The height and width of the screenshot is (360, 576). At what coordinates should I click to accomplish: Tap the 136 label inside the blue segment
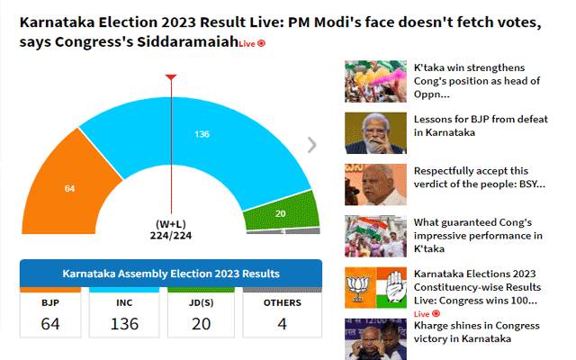click(202, 134)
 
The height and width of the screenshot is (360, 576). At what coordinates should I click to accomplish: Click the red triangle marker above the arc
click(171, 77)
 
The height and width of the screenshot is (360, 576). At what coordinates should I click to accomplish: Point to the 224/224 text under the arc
click(171, 236)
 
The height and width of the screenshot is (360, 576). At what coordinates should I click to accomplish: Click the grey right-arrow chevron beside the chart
click(311, 145)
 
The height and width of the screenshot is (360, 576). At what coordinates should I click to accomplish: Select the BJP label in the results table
click(50, 302)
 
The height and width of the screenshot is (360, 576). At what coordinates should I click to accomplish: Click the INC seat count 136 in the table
click(124, 324)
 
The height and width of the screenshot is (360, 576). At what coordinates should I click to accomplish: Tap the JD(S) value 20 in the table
click(201, 324)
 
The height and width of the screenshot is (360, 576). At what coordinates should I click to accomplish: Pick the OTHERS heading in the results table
click(282, 302)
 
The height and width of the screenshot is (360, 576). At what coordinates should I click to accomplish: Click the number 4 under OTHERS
click(282, 324)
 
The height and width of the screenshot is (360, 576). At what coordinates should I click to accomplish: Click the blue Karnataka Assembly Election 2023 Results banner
click(171, 274)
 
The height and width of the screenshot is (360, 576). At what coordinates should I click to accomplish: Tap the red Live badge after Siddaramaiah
click(252, 44)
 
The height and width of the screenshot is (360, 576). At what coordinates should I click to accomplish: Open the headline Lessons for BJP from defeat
click(481, 126)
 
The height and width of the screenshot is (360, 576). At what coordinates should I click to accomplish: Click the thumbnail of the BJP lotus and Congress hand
click(375, 288)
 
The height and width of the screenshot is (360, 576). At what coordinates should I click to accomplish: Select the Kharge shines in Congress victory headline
click(476, 332)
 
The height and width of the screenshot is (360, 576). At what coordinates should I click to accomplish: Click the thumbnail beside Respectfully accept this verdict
click(375, 184)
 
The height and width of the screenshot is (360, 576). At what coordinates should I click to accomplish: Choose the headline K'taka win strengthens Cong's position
click(477, 81)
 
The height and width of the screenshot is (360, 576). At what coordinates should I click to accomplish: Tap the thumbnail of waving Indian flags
click(375, 236)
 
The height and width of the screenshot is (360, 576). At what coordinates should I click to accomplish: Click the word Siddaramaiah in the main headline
click(188, 42)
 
